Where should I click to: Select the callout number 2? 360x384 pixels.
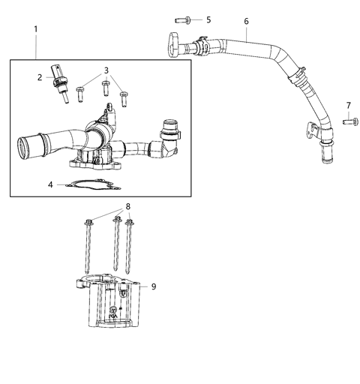click(x=40, y=76)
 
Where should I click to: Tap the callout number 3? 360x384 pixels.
click(x=107, y=70)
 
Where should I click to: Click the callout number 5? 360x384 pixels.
click(x=208, y=19)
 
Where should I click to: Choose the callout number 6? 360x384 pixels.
click(x=246, y=21)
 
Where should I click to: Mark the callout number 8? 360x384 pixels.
click(x=127, y=206)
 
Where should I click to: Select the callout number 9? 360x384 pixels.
click(x=153, y=286)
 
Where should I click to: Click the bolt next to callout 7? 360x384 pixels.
click(x=348, y=120)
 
